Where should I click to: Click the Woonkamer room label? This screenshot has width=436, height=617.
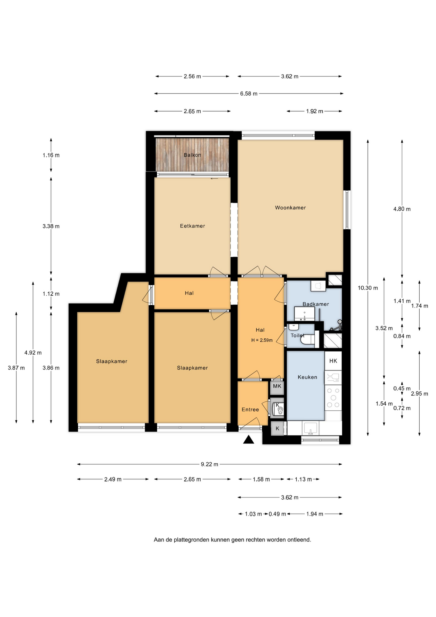coord(290,208)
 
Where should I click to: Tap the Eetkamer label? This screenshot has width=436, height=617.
coord(192,226)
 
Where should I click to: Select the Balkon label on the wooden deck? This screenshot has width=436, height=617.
coord(192,155)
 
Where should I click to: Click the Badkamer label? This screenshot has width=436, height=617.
coord(316,304)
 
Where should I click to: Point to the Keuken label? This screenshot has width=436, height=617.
coord(307,377)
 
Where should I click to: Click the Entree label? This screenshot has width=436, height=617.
coord(250,409)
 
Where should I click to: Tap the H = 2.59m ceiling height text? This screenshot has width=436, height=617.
coord(262,340)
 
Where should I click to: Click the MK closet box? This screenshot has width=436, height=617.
coord(277,386)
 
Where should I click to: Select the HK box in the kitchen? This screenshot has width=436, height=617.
coord(333,361)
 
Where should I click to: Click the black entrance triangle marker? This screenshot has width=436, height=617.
coord(249,440)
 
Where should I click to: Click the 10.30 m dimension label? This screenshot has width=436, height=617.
coord(368,288)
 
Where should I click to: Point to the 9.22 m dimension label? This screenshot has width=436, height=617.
coord(209,464)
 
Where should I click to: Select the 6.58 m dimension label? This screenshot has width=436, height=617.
coord(249,94)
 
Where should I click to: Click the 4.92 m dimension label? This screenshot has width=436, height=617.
coord(33,353)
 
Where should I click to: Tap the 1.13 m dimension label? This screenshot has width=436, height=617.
coord(303,479)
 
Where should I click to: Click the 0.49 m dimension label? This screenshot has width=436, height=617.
coord(277,514)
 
